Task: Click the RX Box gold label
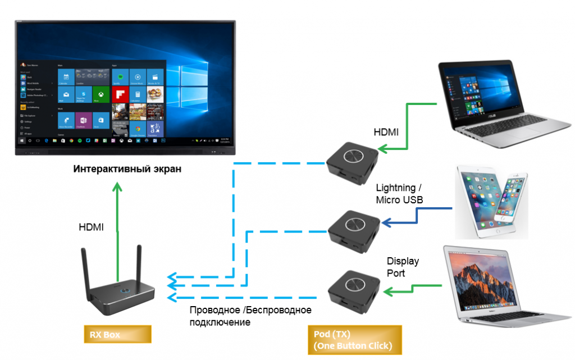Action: (117, 335)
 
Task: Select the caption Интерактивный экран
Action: (128, 169)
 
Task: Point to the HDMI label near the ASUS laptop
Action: (387, 133)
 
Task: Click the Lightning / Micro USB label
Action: (399, 194)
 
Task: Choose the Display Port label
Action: (403, 267)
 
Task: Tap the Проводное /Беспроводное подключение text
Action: (250, 316)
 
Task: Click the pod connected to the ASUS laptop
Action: (353, 162)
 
